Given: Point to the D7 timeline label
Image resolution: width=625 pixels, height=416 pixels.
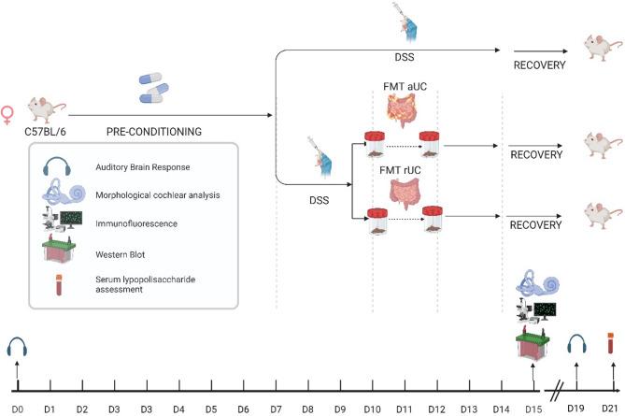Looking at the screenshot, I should coord(276,409).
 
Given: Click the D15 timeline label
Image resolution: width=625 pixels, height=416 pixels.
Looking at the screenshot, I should coord(532,409).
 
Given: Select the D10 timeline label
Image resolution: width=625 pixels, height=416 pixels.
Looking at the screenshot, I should coord(373,409).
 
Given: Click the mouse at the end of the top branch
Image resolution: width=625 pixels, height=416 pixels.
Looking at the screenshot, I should coord(598,46).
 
